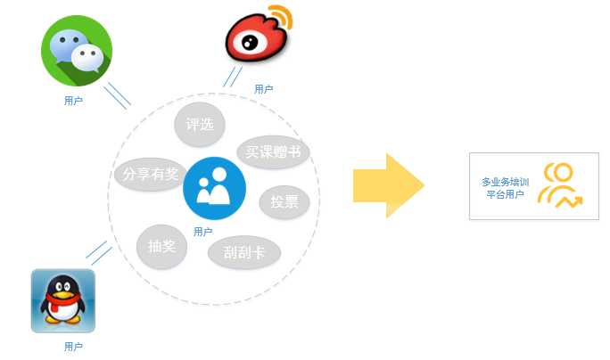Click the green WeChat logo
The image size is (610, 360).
pos(77,52)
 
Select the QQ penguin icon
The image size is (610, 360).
pos(62,301)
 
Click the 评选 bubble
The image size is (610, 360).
pos(200,124)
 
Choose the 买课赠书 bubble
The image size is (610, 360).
pos(273,151)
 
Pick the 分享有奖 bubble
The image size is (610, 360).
pos(151,174)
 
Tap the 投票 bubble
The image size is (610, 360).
pos(284,201)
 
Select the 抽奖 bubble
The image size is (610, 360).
pos(161,246)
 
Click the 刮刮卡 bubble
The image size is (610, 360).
pos(244,252)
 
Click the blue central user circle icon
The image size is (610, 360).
pos(214,188)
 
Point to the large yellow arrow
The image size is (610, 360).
pos(388,185)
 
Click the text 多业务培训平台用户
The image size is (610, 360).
pos(505,187)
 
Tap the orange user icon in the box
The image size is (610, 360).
pos(559,186)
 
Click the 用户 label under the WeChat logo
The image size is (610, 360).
pos(73,101)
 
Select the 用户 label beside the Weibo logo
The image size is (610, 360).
pos(263,89)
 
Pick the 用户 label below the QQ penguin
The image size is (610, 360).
pos(73,346)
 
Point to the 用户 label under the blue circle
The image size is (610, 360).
pos(202,232)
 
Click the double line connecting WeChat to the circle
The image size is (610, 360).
pos(117,95)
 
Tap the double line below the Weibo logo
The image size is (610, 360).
pos(233,77)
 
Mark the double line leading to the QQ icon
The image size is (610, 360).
pos(98,252)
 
